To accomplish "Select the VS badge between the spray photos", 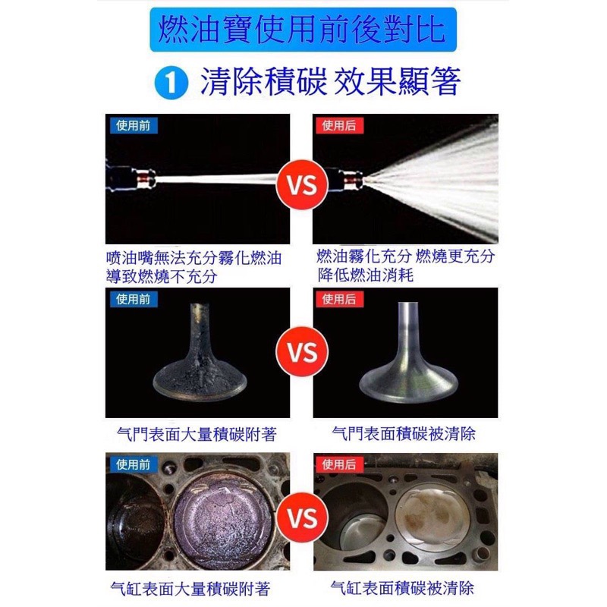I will (x=301, y=184).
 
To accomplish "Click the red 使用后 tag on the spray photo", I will (x=338, y=125).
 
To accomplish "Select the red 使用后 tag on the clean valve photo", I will (x=338, y=299).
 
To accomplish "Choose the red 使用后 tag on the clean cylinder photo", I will (x=338, y=464).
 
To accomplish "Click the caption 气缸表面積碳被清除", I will (x=403, y=587).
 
